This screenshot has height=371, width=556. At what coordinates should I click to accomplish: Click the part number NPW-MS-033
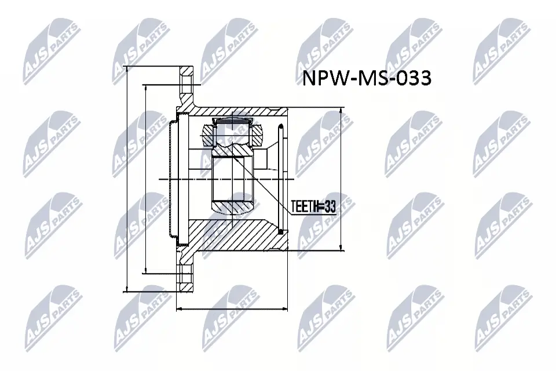click(367, 79)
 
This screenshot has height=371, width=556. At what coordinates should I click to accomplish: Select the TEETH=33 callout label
click(313, 206)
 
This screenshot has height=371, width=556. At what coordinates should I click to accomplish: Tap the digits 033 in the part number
click(413, 79)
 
